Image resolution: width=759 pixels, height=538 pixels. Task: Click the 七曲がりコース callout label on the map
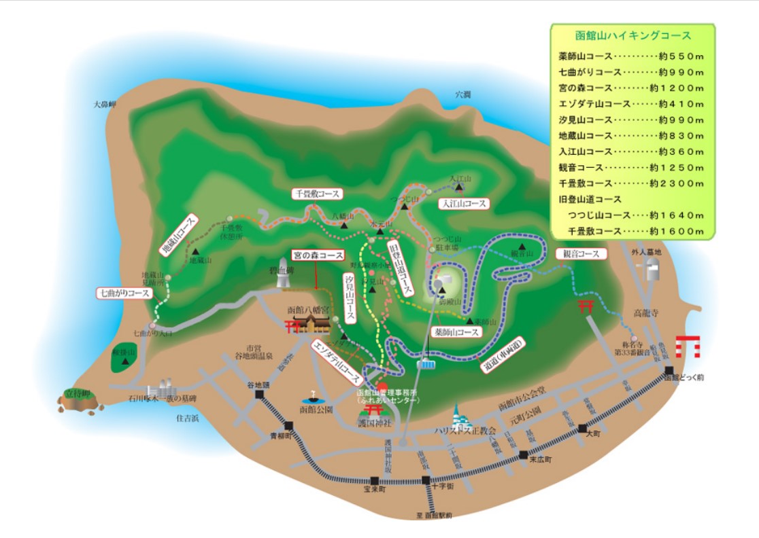[x=124, y=293]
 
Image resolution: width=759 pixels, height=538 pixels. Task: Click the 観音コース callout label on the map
[x=581, y=254]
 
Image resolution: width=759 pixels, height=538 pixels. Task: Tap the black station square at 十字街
[x=426, y=480]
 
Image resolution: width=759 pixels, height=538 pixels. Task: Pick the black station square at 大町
[x=582, y=428]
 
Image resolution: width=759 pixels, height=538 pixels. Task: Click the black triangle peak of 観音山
[x=522, y=246]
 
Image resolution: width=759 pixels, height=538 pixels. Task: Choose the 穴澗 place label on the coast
[x=462, y=95]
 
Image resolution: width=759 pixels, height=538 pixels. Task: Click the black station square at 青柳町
[x=289, y=427]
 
